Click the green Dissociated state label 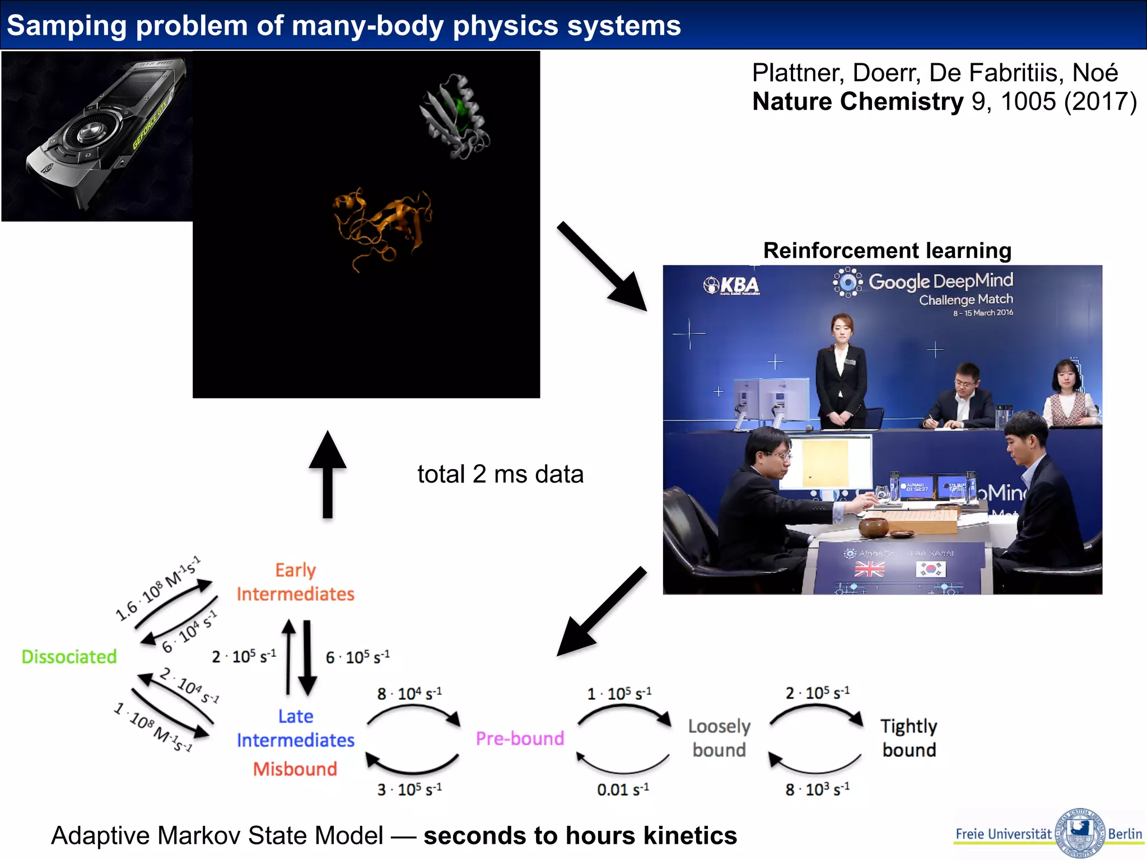click(69, 656)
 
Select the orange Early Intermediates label click(295, 582)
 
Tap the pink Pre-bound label click(520, 739)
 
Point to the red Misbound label click(295, 769)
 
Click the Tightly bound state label click(909, 738)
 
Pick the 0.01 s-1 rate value click(623, 789)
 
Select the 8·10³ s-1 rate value click(817, 789)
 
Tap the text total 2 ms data click(500, 474)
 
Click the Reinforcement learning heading click(887, 250)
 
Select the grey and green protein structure click(455, 116)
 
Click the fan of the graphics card click(90, 133)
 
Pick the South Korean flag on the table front click(930, 569)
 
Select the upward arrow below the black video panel click(328, 473)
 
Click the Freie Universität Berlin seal click(1079, 833)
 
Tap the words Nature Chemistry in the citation click(857, 102)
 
